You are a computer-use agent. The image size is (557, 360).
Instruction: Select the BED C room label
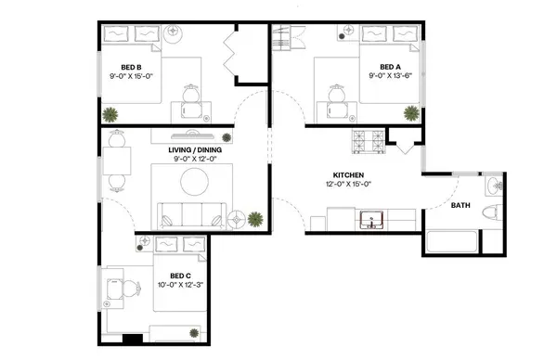[x=180, y=276]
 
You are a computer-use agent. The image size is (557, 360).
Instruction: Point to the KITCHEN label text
[x=348, y=175]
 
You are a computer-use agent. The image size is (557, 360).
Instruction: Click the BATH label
[x=460, y=206]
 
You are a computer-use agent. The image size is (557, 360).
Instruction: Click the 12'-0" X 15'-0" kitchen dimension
[x=348, y=186]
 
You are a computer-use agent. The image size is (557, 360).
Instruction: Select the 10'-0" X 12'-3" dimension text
[x=180, y=286]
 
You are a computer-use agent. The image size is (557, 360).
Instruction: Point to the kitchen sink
[x=372, y=221]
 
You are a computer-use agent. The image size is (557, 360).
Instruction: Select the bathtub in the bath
[x=451, y=245]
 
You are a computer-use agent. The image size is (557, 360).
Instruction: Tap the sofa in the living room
[x=189, y=214]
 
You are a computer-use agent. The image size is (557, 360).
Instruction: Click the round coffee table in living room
[x=196, y=182]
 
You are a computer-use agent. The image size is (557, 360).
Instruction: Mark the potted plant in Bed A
[x=409, y=112]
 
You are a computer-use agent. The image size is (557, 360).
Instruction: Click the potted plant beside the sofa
[x=254, y=220]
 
